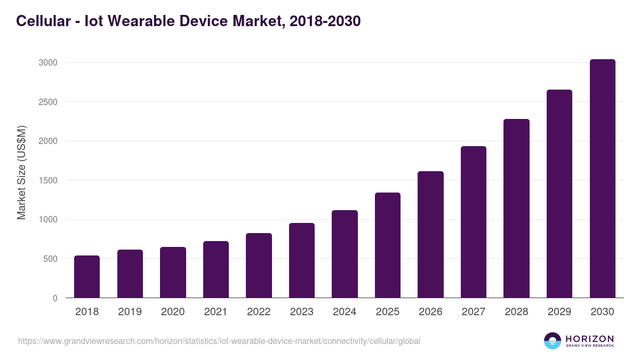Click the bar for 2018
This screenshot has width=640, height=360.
(x=87, y=277)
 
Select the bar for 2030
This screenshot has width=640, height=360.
(x=602, y=179)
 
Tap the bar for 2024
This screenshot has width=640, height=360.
(x=345, y=254)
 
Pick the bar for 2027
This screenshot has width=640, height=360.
(x=474, y=222)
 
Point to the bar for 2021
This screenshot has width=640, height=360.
(x=216, y=269)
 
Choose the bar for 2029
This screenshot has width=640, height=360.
(x=559, y=194)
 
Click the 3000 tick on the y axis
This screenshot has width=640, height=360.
(x=47, y=63)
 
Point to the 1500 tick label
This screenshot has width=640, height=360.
(x=47, y=180)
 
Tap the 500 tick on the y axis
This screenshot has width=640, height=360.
(x=50, y=259)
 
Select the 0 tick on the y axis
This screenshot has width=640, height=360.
(x=55, y=298)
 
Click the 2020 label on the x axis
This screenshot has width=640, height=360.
(x=173, y=312)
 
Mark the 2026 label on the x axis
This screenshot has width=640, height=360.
(x=430, y=312)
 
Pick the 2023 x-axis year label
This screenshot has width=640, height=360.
(x=302, y=312)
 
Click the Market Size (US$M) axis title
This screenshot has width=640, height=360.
(x=21, y=173)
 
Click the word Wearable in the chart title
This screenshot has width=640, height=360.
(x=134, y=21)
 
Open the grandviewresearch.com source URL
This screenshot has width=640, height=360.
(x=219, y=341)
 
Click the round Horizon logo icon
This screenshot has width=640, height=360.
(x=553, y=341)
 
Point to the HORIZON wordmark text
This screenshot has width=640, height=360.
(x=589, y=339)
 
